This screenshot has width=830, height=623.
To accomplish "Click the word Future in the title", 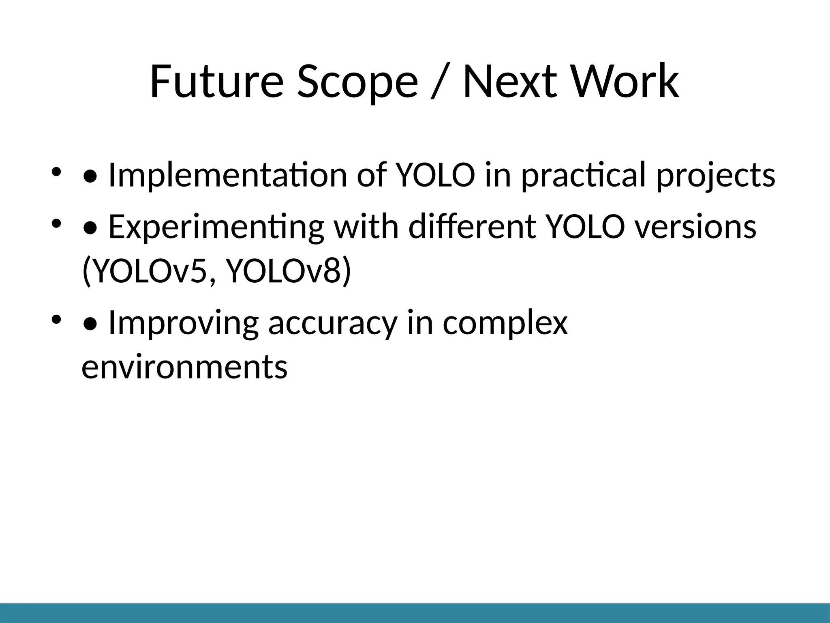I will tap(216, 82).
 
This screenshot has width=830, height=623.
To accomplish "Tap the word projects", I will tap(715, 175).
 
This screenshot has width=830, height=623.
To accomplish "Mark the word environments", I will tap(184, 366).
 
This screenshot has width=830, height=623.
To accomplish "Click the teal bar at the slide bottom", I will tap(415, 613).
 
